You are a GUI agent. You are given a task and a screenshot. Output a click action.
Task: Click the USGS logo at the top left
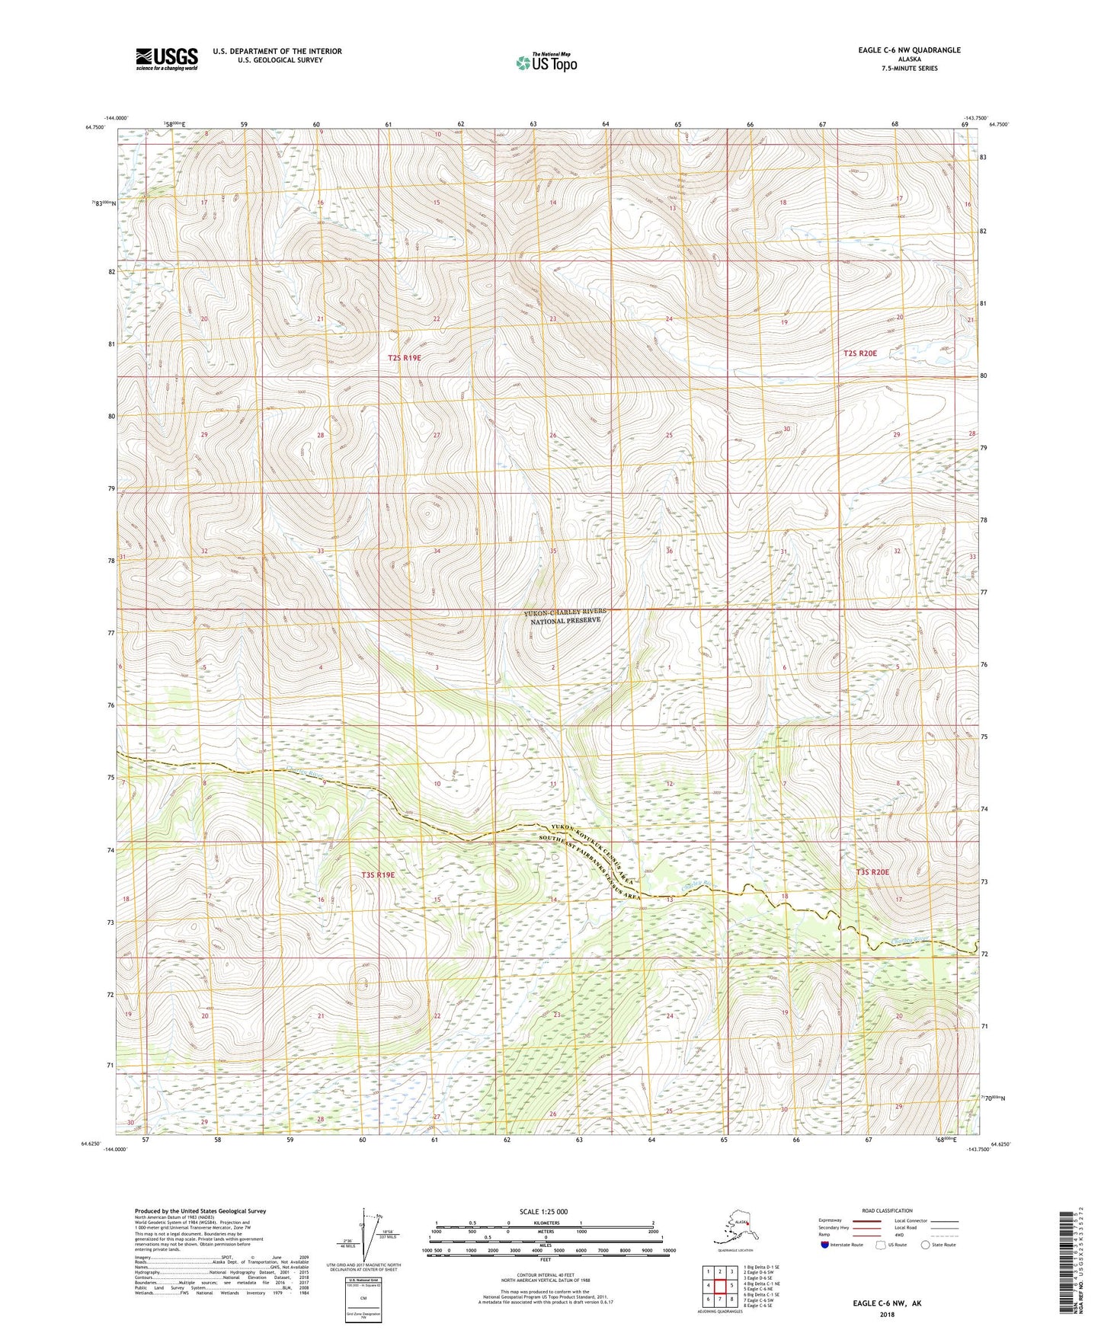(166, 59)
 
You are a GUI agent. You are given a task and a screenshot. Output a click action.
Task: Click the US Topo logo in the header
(546, 62)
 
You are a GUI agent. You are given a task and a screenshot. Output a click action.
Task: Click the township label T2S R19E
(404, 357)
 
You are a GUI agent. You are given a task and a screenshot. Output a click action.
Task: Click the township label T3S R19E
(378, 874)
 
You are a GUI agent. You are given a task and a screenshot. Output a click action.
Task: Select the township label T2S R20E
(860, 353)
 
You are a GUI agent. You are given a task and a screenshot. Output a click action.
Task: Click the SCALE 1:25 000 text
(543, 1211)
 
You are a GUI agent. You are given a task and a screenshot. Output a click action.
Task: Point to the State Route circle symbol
(926, 1245)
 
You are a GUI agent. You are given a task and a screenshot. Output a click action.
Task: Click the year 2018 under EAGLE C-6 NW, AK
(887, 1313)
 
